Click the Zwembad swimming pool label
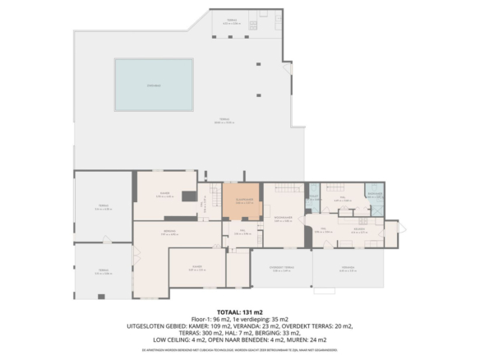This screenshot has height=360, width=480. click(153, 85)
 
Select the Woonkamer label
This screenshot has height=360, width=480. click(284, 219)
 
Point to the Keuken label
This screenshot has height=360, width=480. click(360, 231)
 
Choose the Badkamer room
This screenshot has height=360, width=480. click(375, 196)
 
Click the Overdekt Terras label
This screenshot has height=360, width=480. click(282, 270)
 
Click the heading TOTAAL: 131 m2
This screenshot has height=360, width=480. click(239, 312)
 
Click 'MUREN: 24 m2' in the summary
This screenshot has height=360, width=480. click(309, 339)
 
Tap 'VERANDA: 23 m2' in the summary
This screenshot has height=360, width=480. click(241, 326)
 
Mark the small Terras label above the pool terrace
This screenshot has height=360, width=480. click(232, 23)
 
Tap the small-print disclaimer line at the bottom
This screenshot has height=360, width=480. click(239, 349)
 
